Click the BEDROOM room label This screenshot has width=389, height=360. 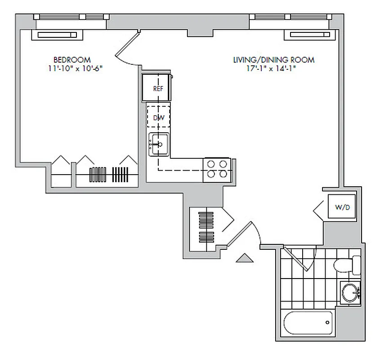tap(72, 59)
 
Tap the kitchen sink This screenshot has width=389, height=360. tap(158, 144)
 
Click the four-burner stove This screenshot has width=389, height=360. tap(217, 170)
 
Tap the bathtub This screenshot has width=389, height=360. tap(308, 323)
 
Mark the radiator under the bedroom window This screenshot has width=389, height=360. tap(57, 35)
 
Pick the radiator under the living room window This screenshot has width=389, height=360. tap(309, 35)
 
